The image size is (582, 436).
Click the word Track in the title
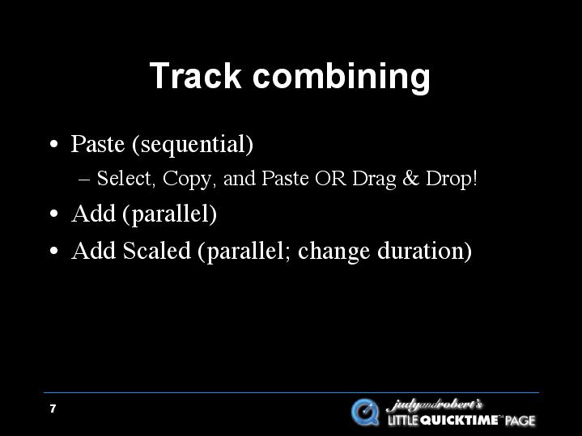coord(195,76)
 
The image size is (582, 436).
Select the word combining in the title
coord(342,78)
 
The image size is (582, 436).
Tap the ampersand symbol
coord(411,178)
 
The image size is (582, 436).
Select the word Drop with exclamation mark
coord(451,180)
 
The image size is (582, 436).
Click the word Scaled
coord(157,251)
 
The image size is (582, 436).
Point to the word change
coord(333,252)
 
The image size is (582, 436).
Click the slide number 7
coord(53,408)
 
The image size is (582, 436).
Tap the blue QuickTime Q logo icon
coord(365,413)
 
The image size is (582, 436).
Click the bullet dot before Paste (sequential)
coord(53,144)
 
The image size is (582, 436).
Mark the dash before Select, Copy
coord(85,180)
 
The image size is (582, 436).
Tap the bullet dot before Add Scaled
coord(53,251)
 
